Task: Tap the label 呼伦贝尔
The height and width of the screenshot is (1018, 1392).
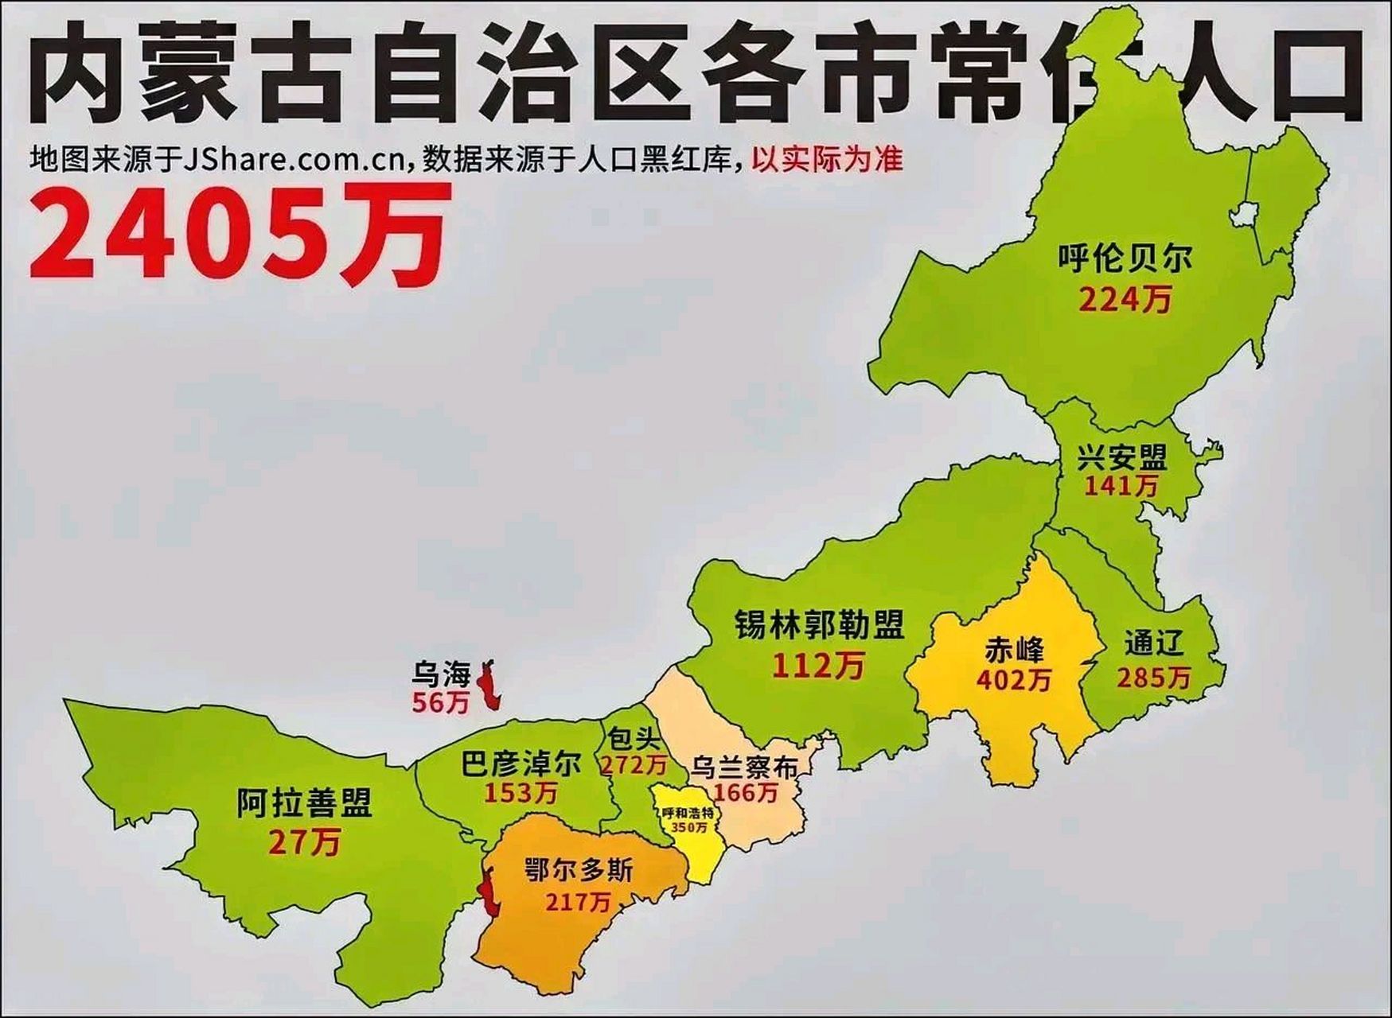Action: coord(1125,258)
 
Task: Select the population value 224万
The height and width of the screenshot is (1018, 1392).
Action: coord(1125,300)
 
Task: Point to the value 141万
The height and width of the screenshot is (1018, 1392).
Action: coord(1121,484)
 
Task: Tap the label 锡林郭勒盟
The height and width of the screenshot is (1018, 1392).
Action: coord(819,625)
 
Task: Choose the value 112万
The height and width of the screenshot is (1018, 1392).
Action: coord(818,665)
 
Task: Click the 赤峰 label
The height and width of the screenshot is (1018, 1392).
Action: coord(1013,650)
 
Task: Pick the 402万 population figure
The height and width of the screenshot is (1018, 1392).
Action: coord(1014,679)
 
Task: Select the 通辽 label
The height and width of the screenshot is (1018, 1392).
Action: coord(1154,643)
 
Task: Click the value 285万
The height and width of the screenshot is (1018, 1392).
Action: coord(1153,678)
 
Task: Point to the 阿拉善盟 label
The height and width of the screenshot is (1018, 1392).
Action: coord(304,803)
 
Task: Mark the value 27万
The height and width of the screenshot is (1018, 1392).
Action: coord(304,841)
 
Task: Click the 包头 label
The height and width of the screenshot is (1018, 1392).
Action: coord(634,740)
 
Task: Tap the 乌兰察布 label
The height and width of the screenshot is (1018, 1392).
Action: coord(743,767)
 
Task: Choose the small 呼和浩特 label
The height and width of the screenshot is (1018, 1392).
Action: coord(688,814)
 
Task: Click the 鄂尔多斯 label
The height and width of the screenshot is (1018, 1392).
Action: coord(579,869)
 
